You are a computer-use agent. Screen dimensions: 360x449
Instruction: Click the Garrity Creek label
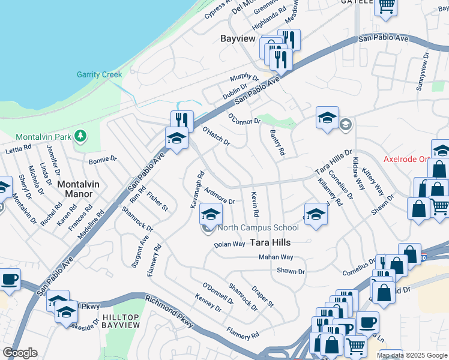coord(99,75)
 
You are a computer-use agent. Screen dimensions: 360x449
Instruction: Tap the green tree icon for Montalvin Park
coord(80,137)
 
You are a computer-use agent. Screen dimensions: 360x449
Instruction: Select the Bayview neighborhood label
coord(235,38)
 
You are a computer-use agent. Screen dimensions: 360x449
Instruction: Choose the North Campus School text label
coord(258,228)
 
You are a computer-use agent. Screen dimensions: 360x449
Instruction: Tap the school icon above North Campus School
coord(211,214)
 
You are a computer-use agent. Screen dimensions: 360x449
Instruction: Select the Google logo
coord(20,353)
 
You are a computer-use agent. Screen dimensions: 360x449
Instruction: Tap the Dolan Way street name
coord(230,244)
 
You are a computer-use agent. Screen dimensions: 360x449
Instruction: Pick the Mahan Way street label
coord(276,257)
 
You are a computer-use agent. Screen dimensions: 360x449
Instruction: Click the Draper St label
coord(262,296)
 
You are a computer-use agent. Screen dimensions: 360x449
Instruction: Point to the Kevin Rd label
coord(255,205)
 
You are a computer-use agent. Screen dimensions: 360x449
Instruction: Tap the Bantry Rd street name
coord(277,143)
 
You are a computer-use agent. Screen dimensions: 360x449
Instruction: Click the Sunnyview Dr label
coord(423,71)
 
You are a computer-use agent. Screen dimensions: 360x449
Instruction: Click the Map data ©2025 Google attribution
coord(411,355)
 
